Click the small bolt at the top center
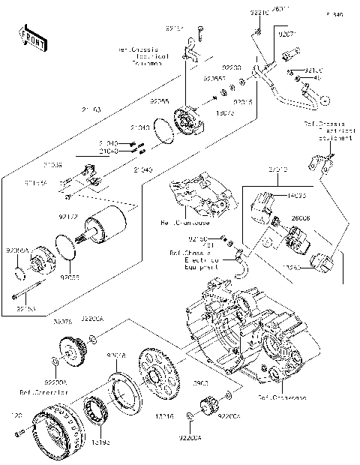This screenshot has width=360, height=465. point(201,34)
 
